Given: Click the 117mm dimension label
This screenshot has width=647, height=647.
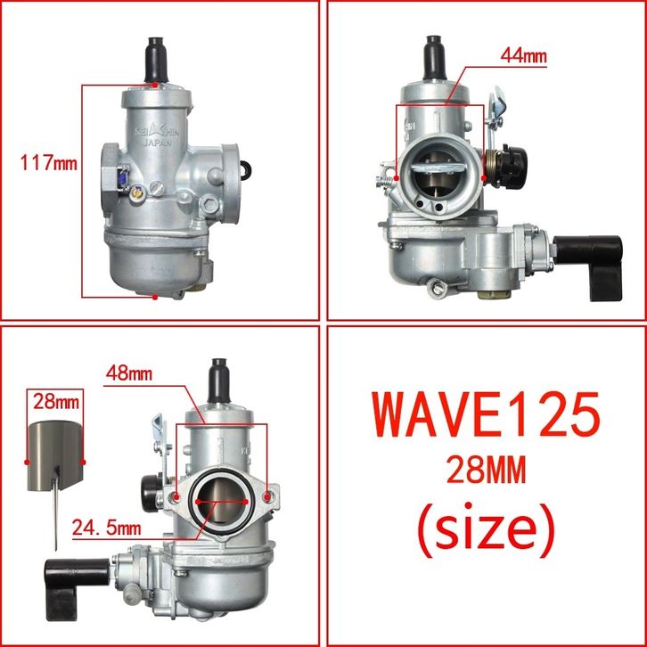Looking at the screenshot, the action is (49, 163).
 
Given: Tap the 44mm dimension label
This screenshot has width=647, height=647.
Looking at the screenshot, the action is (523, 55).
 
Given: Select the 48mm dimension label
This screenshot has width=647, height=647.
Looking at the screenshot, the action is (128, 373).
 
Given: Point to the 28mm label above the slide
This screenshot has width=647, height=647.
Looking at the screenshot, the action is (56, 401).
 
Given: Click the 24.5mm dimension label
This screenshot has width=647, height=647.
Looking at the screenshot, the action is (106, 528).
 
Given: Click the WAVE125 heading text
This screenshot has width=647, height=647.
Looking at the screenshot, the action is (486, 414).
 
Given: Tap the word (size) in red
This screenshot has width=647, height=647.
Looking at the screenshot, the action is (485, 529).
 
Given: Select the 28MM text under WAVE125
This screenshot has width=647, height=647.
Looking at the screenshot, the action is (486, 470).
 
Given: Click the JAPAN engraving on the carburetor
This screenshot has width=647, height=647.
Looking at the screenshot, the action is (157, 143).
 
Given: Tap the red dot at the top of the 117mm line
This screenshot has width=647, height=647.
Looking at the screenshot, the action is (155, 85).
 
